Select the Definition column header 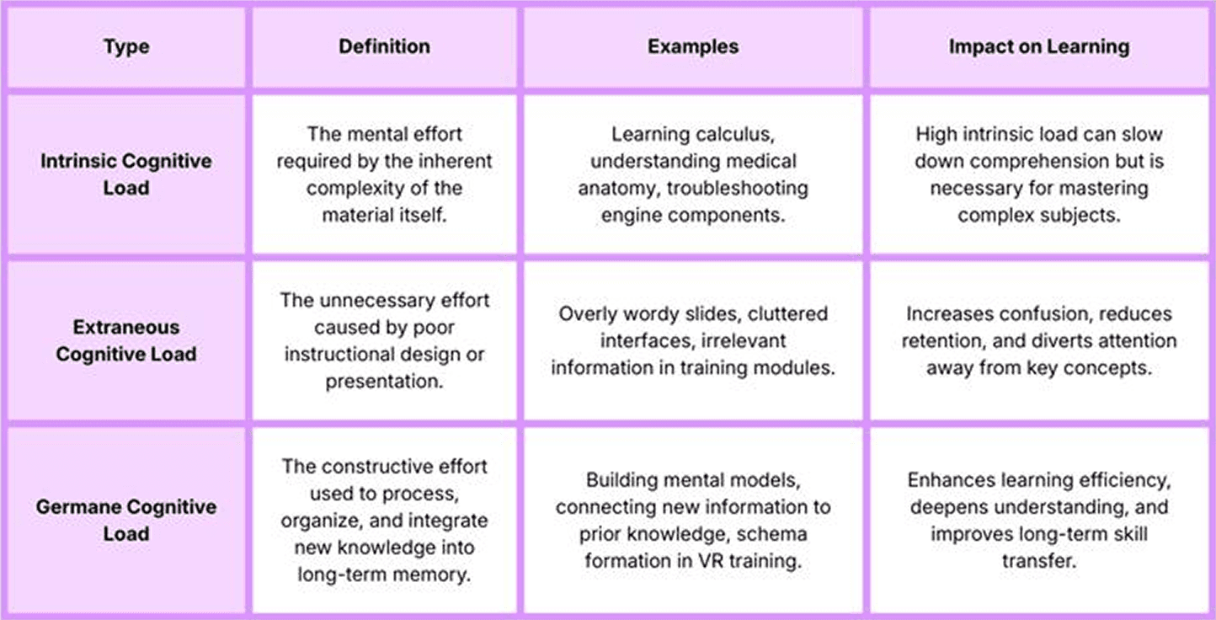(x=384, y=46)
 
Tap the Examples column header (x=693, y=46)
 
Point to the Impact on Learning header (x=1039, y=46)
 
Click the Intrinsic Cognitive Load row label (x=125, y=174)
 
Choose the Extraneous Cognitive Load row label (x=125, y=340)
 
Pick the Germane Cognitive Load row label (x=125, y=520)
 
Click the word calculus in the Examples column (x=728, y=134)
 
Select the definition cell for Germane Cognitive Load (x=384, y=520)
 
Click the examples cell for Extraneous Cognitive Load (x=693, y=340)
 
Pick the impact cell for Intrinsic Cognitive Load (x=1039, y=174)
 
